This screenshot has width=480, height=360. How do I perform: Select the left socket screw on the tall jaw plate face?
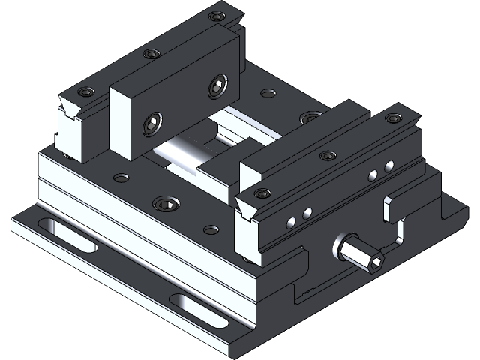[150, 124]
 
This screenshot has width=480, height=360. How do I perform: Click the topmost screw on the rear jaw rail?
[217, 16]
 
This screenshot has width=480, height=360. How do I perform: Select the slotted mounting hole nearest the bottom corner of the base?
[199, 311]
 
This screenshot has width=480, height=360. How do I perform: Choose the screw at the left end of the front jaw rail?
[262, 193]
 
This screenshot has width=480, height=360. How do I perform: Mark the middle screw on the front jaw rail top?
[325, 156]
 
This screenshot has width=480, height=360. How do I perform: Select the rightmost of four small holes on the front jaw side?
[388, 166]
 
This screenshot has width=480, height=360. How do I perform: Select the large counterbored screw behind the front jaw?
[309, 118]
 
